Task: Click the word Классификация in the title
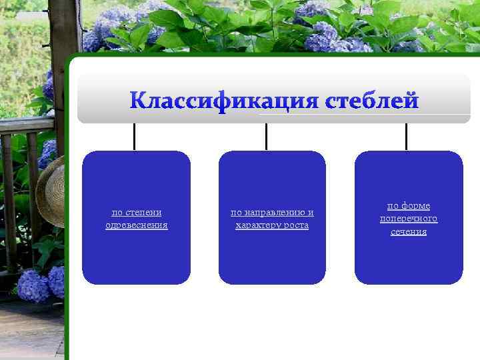pos(225,101)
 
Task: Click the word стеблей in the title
pos(372,101)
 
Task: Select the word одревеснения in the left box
pos(137,225)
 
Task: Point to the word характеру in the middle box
pos(256,225)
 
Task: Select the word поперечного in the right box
pos(409,219)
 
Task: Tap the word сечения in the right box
pos(409,231)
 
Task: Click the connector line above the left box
pos(135,137)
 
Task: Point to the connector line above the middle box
pos(267,137)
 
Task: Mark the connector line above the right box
pos(406,137)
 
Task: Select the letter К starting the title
pos(137,101)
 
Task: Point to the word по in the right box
pos(393,206)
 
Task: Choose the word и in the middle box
pos(311,213)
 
